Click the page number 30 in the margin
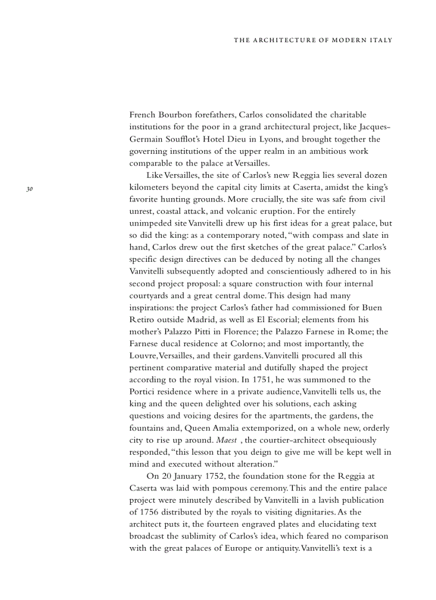coord(30,189)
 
